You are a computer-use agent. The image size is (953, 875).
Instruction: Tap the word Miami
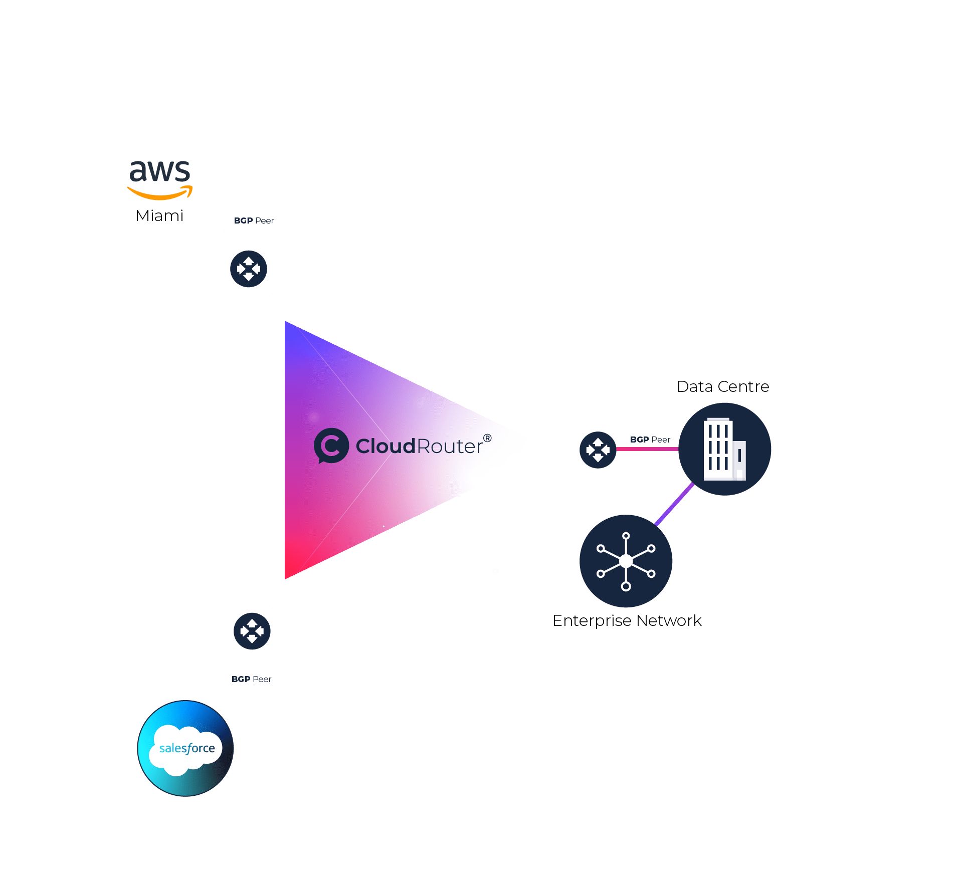159,216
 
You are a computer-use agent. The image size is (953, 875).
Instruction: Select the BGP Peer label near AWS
254,221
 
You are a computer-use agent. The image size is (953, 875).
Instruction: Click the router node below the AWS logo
249,269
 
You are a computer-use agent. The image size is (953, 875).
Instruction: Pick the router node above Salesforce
252,631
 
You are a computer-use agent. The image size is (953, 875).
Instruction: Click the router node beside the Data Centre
598,450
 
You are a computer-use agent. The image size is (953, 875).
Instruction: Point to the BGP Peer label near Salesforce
251,679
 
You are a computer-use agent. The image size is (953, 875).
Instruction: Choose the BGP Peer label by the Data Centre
650,440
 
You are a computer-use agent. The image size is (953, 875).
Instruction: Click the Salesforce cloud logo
186,749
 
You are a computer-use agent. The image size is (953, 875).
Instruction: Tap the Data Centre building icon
724,450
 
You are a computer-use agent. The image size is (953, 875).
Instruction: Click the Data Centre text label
722,387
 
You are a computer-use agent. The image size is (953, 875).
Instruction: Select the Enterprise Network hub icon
626,561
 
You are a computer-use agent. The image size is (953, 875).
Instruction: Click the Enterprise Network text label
627,621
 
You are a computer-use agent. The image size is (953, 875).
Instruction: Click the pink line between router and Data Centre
647,449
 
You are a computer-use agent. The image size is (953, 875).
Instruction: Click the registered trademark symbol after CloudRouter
487,439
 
